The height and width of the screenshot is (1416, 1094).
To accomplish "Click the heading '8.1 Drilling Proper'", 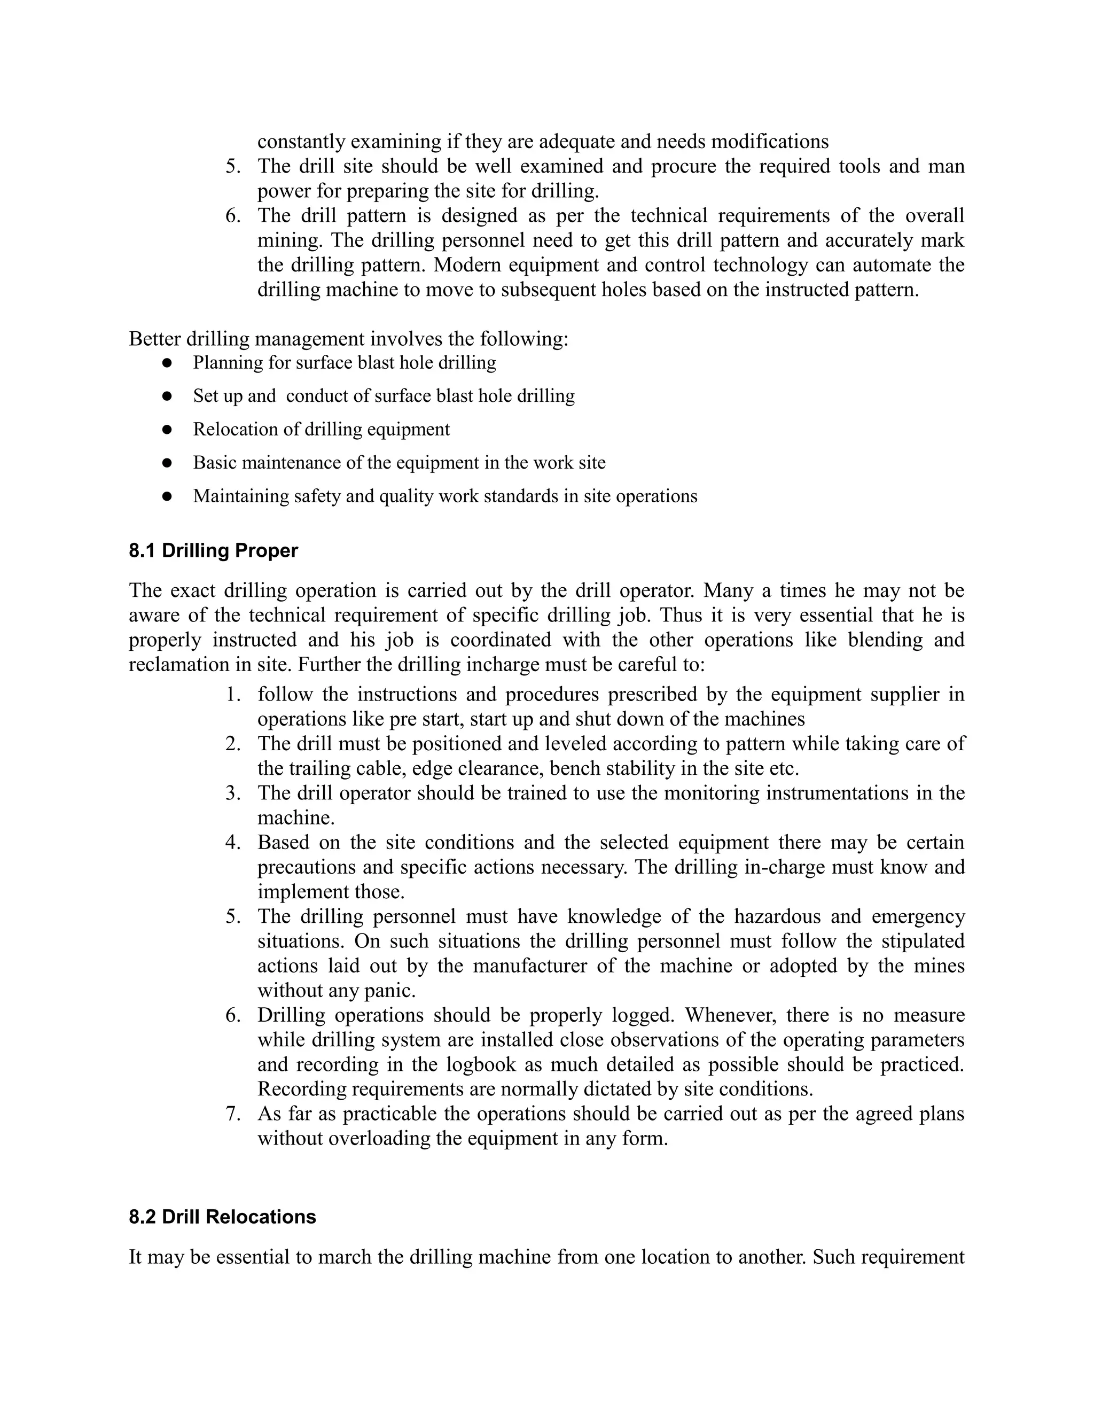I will point(213,551).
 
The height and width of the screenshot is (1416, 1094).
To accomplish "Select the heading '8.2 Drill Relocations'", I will point(222,1217).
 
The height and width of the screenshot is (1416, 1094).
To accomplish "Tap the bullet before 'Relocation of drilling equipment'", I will point(167,430).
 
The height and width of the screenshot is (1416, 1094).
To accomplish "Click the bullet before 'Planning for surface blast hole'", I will point(167,362).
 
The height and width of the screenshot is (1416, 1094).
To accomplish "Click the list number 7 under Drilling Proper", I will point(233,1114).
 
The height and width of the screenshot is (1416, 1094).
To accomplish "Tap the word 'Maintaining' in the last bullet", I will point(240,496).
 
